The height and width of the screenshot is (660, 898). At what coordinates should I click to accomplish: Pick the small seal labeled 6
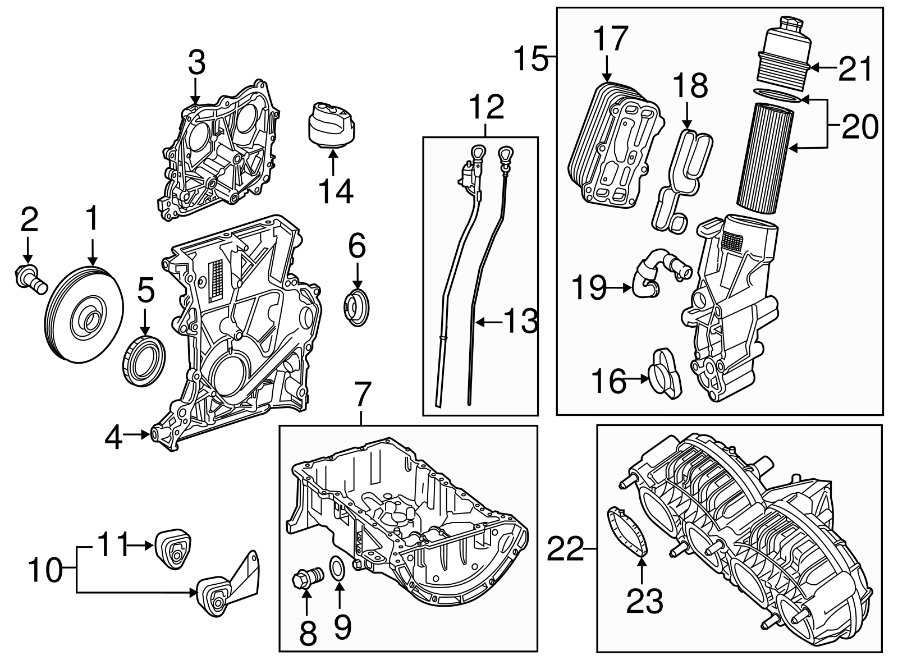[x=356, y=308]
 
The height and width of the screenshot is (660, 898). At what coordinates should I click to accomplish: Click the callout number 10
[x=44, y=571]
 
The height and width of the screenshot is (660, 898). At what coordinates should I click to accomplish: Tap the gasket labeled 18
[x=682, y=177]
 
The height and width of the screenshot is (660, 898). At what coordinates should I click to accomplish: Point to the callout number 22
[x=566, y=549]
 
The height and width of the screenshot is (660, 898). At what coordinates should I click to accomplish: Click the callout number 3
[x=196, y=63]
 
